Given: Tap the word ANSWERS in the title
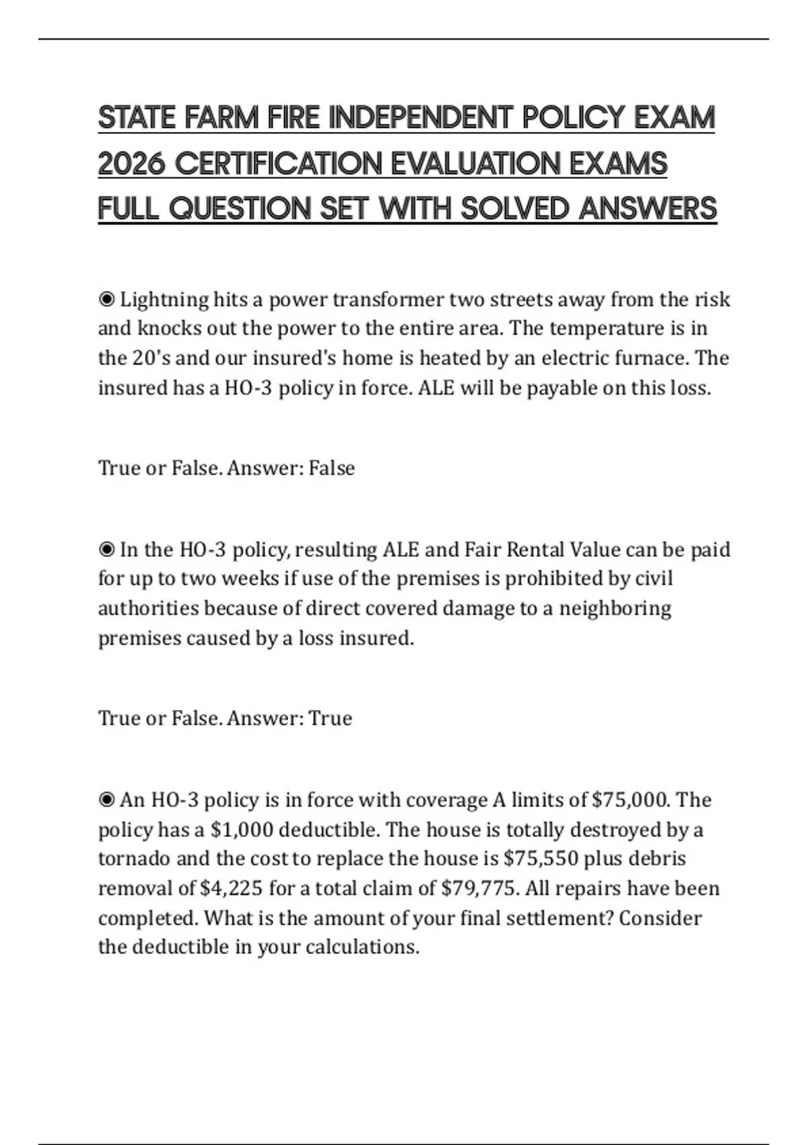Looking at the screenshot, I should tap(648, 208).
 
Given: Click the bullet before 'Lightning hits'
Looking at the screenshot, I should tap(106, 299).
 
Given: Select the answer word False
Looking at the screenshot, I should tap(331, 467).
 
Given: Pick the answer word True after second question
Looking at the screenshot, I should tap(330, 718).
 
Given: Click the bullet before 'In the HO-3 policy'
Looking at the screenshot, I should tap(106, 550).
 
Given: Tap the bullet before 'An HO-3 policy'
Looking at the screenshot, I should tap(106, 800).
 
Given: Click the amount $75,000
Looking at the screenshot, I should tap(630, 800).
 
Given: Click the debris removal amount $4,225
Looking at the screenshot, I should tap(231, 888).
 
